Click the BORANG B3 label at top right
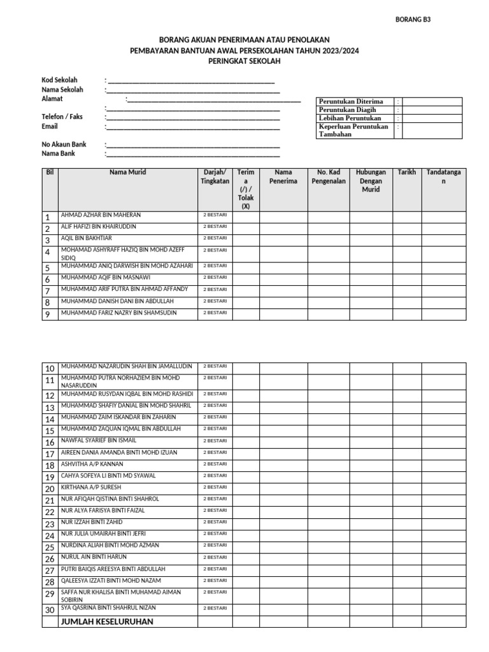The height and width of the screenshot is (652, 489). point(414,19)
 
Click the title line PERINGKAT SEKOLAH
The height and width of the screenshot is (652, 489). point(244,61)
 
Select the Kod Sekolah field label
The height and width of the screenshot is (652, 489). point(60,80)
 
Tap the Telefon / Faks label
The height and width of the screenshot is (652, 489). point(62,117)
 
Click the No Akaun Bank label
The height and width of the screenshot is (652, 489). point(64,145)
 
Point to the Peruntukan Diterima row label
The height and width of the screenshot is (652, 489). point(351,101)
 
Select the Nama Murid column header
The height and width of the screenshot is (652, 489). point(127,173)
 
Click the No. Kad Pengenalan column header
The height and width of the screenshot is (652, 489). point(328,177)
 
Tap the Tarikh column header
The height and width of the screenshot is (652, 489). point(406,173)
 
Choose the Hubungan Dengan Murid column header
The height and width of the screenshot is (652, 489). point(371,181)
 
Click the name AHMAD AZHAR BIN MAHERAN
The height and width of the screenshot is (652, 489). point(101,215)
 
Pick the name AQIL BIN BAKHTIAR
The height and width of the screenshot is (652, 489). point(86,238)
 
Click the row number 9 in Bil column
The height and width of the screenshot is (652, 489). point(47,315)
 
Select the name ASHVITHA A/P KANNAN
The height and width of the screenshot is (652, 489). point(92,464)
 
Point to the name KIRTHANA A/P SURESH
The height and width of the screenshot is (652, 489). point(90,488)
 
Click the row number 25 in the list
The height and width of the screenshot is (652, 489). point(50,547)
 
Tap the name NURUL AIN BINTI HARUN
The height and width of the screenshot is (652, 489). point(94,557)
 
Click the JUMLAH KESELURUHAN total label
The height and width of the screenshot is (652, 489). point(107,621)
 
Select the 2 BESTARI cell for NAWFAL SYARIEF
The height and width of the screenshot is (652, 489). point(215,441)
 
